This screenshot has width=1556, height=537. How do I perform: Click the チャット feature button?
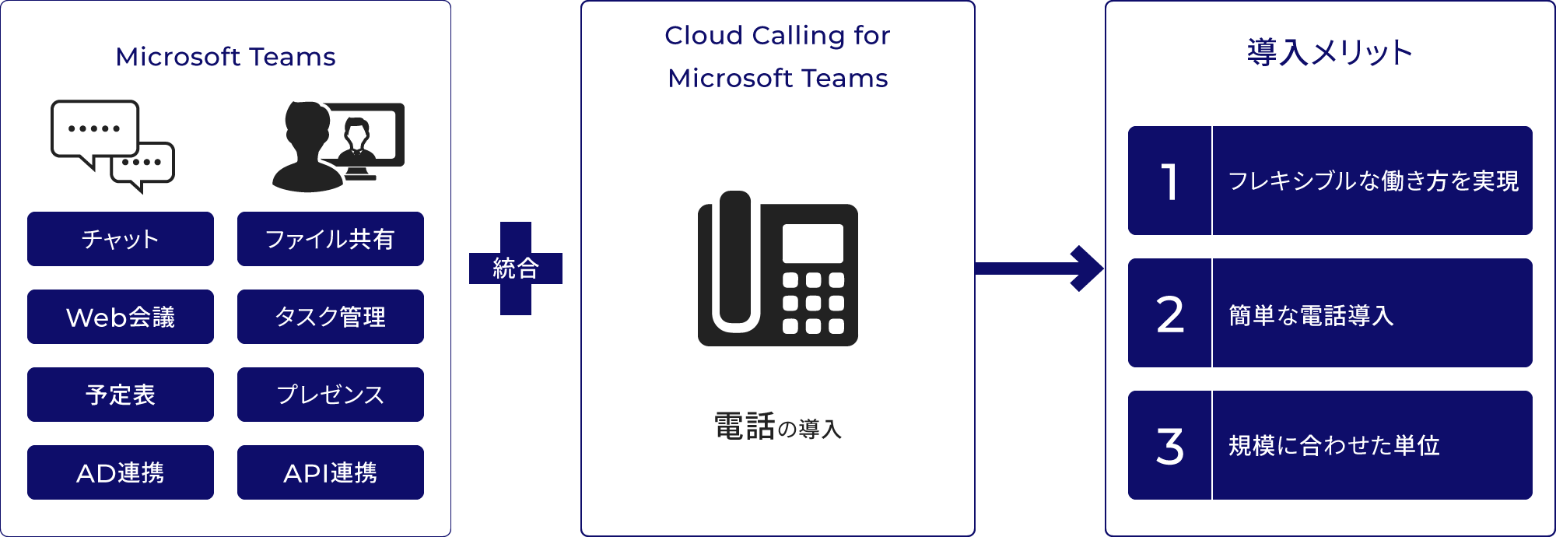click(x=121, y=239)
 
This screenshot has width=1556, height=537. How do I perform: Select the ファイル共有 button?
click(x=331, y=239)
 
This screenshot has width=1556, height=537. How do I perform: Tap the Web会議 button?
click(x=121, y=317)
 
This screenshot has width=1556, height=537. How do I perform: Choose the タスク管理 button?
click(x=331, y=317)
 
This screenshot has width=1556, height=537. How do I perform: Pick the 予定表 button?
click(x=121, y=395)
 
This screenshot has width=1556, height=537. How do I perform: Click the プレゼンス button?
click(x=331, y=395)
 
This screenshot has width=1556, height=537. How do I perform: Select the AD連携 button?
click(x=121, y=472)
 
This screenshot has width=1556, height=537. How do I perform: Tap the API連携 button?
click(x=331, y=472)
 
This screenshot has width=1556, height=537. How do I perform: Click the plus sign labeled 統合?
click(x=516, y=268)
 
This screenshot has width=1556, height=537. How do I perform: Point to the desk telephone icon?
click(x=778, y=269)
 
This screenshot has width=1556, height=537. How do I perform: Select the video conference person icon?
click(x=338, y=146)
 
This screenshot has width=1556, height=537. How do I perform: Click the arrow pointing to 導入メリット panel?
click(x=1039, y=268)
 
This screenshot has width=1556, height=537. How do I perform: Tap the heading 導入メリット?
click(x=1330, y=52)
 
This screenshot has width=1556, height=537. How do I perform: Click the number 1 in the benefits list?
click(x=1169, y=181)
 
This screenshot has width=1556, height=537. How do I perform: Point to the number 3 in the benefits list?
click(x=1170, y=446)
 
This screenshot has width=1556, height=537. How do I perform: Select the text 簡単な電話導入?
click(x=1311, y=315)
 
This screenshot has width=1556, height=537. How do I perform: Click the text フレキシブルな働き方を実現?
click(x=1373, y=181)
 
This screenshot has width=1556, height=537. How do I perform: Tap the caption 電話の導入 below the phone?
click(x=778, y=426)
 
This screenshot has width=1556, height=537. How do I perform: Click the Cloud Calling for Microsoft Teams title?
click(x=778, y=56)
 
